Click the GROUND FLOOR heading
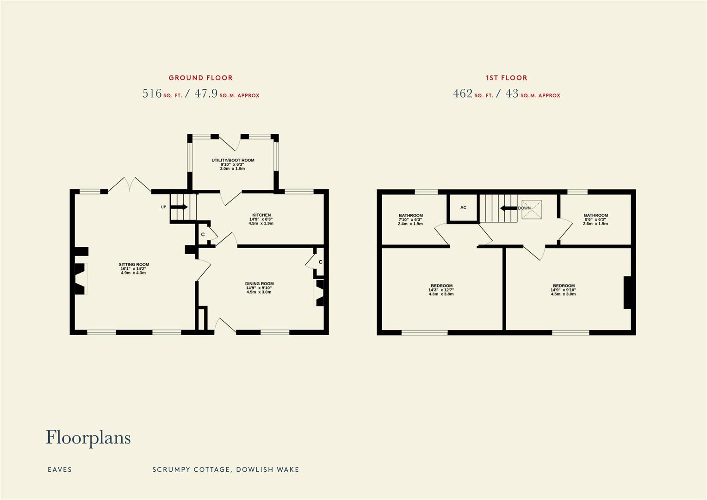click(x=200, y=78)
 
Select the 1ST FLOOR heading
click(x=506, y=78)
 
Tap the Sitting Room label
click(x=134, y=269)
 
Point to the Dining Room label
click(x=259, y=287)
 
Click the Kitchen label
click(x=261, y=219)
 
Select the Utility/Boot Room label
click(x=233, y=164)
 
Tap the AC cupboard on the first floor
click(x=463, y=208)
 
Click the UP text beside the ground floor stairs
click(x=163, y=207)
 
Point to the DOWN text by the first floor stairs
click(x=524, y=208)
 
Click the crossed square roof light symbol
click(x=532, y=209)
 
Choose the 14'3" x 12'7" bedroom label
click(x=441, y=290)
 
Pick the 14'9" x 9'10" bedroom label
click(x=564, y=290)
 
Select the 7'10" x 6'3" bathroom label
click(x=410, y=219)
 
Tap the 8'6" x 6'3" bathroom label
click(x=595, y=219)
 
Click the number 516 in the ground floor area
click(x=152, y=94)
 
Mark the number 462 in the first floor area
click(x=463, y=94)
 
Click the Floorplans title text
click(x=88, y=437)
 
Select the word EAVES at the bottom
click(x=60, y=469)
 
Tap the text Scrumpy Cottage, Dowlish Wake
click(x=226, y=469)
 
